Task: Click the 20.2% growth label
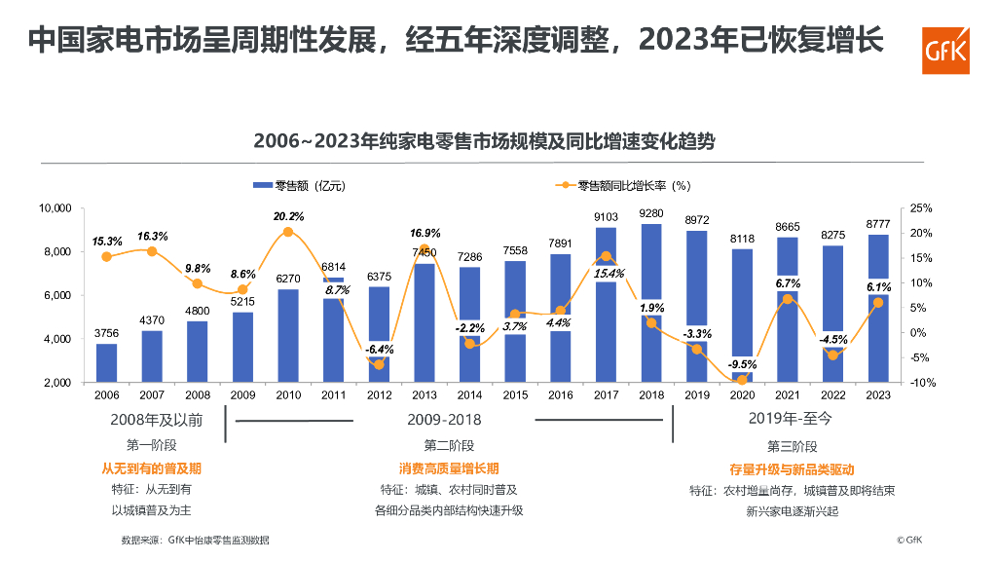pos(288,216)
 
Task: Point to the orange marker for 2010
pos(288,232)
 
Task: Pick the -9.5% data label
pos(742,365)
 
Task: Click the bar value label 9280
pos(651,213)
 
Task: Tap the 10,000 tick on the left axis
pos(55,208)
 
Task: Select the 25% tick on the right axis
pos(921,208)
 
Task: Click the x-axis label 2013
pos(425,394)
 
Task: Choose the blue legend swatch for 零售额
pos(262,185)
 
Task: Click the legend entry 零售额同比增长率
pos(627,185)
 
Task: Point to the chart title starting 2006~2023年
pos(484,140)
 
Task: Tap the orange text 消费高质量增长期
pos(449,468)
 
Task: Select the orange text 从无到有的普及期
pos(152,468)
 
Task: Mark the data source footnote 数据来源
pos(195,540)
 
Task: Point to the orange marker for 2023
pos(878,302)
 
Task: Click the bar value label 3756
pos(106,333)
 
